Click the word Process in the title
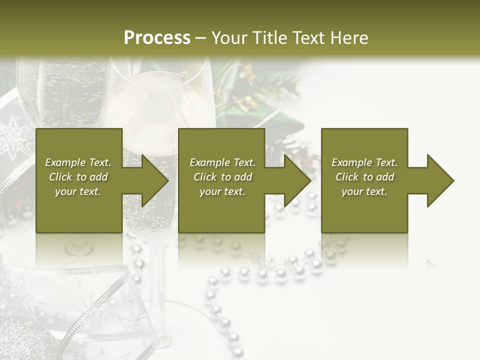[157, 38]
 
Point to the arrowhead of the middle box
[297, 180]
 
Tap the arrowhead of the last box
[440, 180]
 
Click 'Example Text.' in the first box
[78, 162]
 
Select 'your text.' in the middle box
[222, 191]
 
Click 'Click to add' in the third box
[364, 177]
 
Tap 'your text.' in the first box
[78, 191]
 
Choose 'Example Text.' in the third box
[364, 162]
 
